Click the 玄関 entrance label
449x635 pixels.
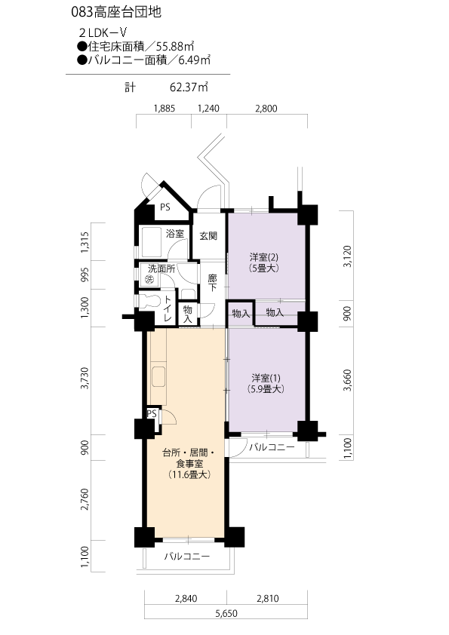tap(208, 236)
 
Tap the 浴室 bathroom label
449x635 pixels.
tap(175, 234)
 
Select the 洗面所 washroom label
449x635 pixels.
tap(161, 268)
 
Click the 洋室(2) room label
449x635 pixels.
tap(264, 256)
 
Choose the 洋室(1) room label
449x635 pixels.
tap(266, 379)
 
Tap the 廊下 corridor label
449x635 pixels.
tap(212, 283)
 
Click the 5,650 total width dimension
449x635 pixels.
tap(226, 614)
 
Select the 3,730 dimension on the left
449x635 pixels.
tap(85, 379)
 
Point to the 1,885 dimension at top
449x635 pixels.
tap(164, 109)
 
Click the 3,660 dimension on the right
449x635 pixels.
tap(347, 380)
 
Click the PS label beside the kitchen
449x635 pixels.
tap(152, 413)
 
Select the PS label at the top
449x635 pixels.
tap(165, 207)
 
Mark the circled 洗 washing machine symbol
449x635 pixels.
tap(150, 279)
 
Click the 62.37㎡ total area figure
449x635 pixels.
tap(189, 87)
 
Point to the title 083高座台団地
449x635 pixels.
tap(116, 12)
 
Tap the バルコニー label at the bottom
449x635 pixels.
tap(187, 557)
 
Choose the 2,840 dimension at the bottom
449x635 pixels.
tap(186, 599)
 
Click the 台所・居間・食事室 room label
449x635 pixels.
tap(189, 458)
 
